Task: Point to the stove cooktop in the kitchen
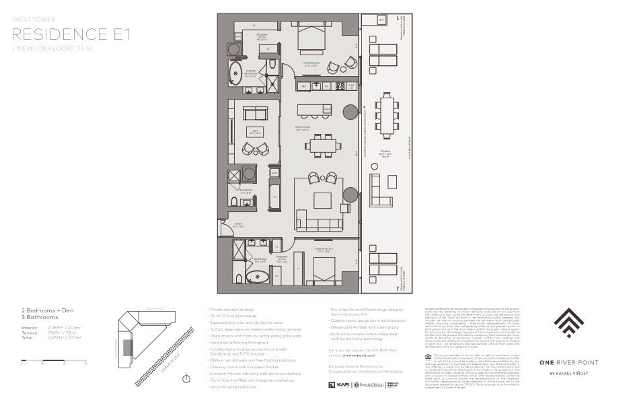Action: [340, 86]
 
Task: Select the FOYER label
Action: [239, 226]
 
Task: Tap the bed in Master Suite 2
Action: [324, 271]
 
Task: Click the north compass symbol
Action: [186, 379]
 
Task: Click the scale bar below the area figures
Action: [54, 362]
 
